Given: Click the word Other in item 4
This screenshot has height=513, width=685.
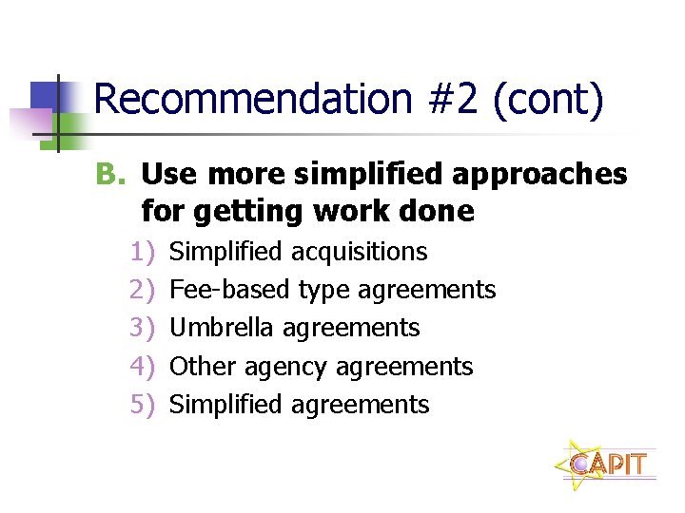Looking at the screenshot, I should point(202,366).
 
